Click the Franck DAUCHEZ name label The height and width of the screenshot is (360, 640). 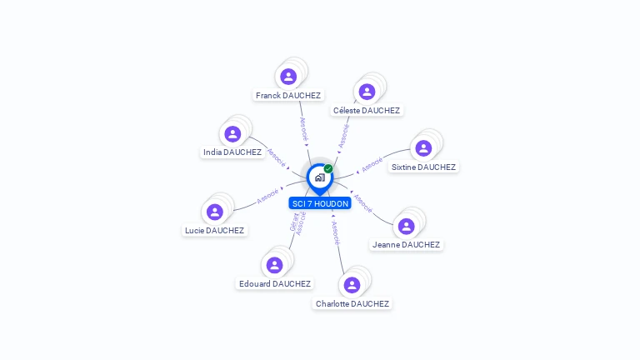click(x=288, y=96)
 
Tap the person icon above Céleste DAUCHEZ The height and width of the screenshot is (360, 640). click(x=367, y=92)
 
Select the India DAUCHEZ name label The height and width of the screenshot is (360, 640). click(x=232, y=152)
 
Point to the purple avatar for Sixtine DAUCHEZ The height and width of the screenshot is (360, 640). click(x=423, y=148)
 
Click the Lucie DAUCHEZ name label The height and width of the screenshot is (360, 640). click(x=214, y=231)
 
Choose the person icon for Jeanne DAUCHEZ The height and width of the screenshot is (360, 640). click(x=406, y=226)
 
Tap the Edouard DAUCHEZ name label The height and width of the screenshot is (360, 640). click(x=275, y=284)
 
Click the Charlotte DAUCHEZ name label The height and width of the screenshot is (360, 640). click(x=352, y=304)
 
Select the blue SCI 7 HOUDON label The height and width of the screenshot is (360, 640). click(x=320, y=204)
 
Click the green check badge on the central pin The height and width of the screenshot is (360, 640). click(x=328, y=169)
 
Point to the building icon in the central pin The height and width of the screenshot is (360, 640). click(x=319, y=177)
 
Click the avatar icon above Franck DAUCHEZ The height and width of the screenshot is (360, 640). click(x=288, y=77)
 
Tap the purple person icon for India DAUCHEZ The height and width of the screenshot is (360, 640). click(x=232, y=133)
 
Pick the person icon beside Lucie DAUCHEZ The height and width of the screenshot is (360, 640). click(x=215, y=212)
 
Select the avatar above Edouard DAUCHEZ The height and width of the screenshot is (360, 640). click(x=274, y=265)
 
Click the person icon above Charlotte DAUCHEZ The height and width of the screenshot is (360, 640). click(x=352, y=285)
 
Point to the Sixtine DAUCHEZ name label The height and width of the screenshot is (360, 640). click(x=423, y=167)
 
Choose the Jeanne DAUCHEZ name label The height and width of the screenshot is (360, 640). click(x=406, y=245)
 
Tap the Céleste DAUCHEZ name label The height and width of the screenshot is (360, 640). click(x=367, y=111)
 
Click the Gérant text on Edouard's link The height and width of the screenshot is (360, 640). click(x=293, y=222)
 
